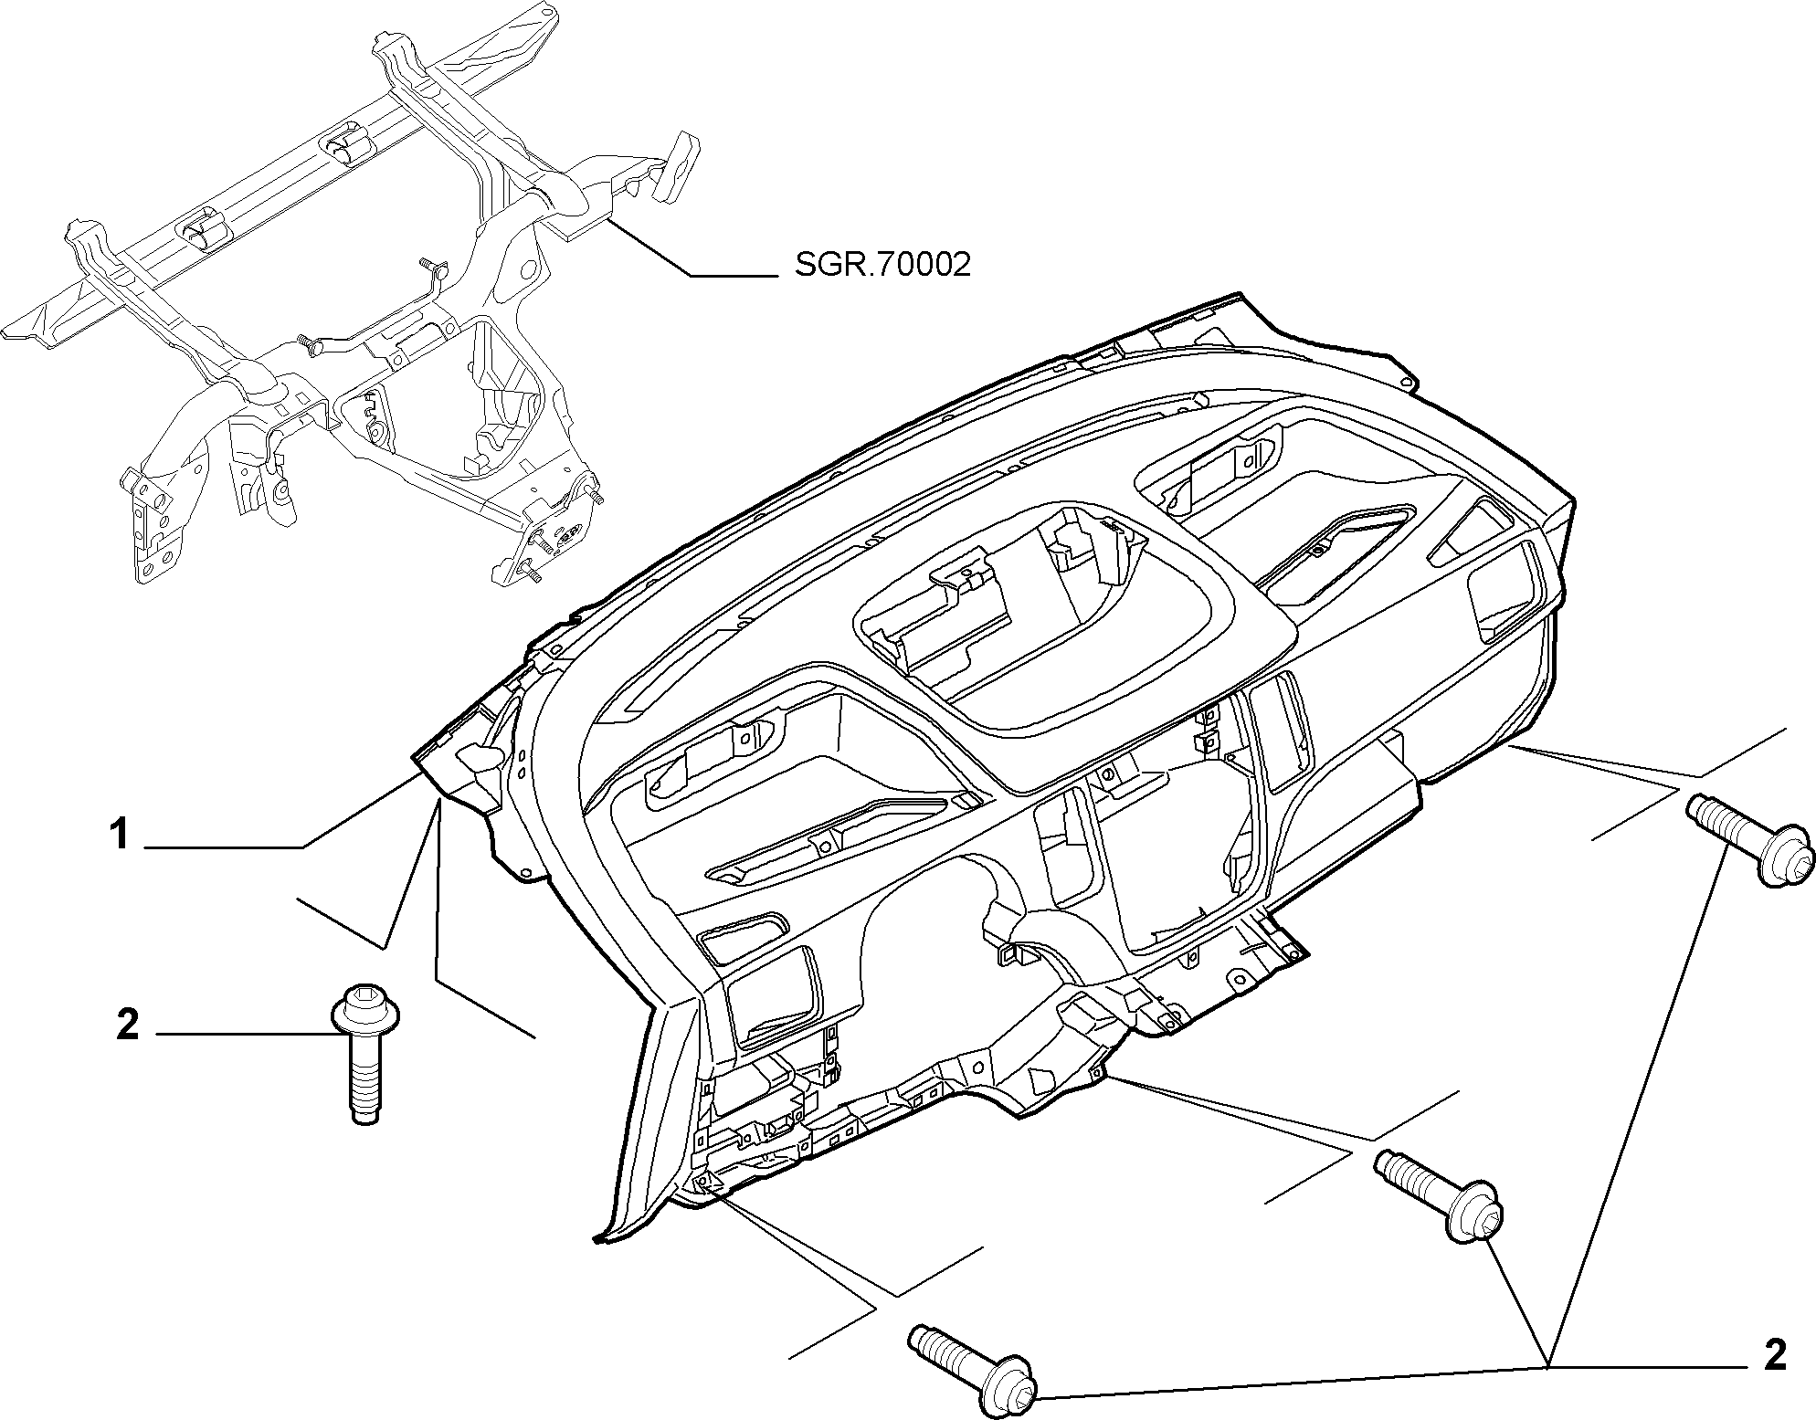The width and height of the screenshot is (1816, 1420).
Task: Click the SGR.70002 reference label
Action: pyautogui.click(x=882, y=265)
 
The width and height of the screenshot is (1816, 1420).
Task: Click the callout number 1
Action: pyautogui.click(x=119, y=835)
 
